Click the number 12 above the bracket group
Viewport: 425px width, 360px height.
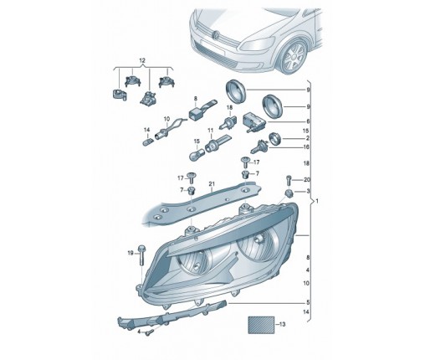point(142,60)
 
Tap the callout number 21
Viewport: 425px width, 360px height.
point(212,184)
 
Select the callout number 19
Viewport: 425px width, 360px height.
point(131,253)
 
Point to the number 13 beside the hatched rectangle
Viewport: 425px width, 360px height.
point(282,324)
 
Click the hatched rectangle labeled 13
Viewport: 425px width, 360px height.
point(261,325)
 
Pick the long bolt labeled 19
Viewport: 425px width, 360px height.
point(141,255)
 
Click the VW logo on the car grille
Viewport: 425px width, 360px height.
point(216,34)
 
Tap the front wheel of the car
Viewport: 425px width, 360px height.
point(294,57)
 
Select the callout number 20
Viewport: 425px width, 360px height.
point(307,180)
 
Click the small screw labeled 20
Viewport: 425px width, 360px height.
point(289,180)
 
